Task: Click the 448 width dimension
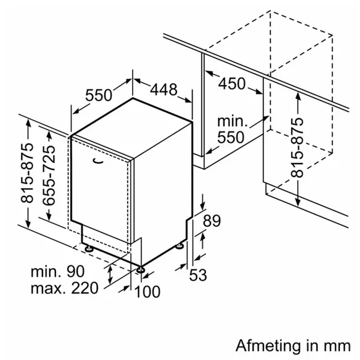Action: [164, 89]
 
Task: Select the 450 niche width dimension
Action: [232, 83]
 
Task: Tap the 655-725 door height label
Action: [49, 175]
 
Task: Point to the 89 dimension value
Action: [212, 221]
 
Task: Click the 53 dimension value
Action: [198, 274]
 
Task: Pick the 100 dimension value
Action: [147, 292]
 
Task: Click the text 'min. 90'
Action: [57, 271]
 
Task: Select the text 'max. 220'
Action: [64, 289]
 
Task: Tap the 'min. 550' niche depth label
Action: [232, 129]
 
